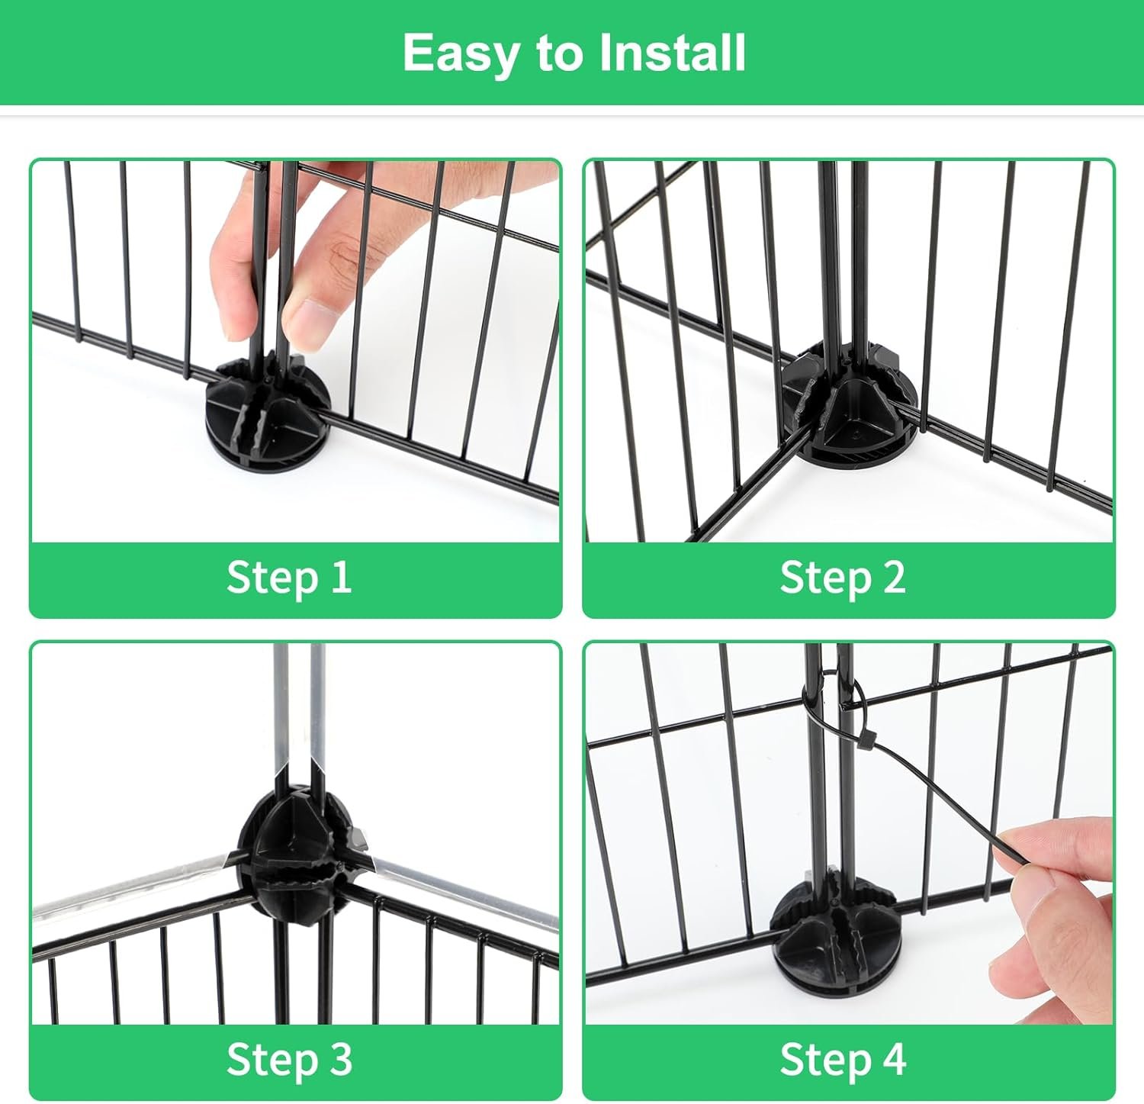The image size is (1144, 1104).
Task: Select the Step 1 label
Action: [289, 577]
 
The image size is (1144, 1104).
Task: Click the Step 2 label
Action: [843, 577]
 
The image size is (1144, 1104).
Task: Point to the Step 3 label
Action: [289, 1059]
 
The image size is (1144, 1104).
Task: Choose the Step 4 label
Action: [843, 1059]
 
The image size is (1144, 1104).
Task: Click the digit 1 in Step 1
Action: [340, 577]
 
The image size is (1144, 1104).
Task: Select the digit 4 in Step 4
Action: [893, 1059]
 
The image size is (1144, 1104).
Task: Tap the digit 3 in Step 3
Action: [340, 1059]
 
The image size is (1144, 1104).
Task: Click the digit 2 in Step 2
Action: [894, 577]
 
